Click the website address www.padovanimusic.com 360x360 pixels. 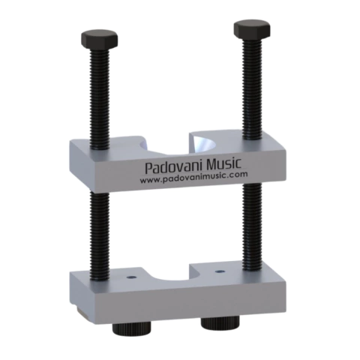193,177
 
